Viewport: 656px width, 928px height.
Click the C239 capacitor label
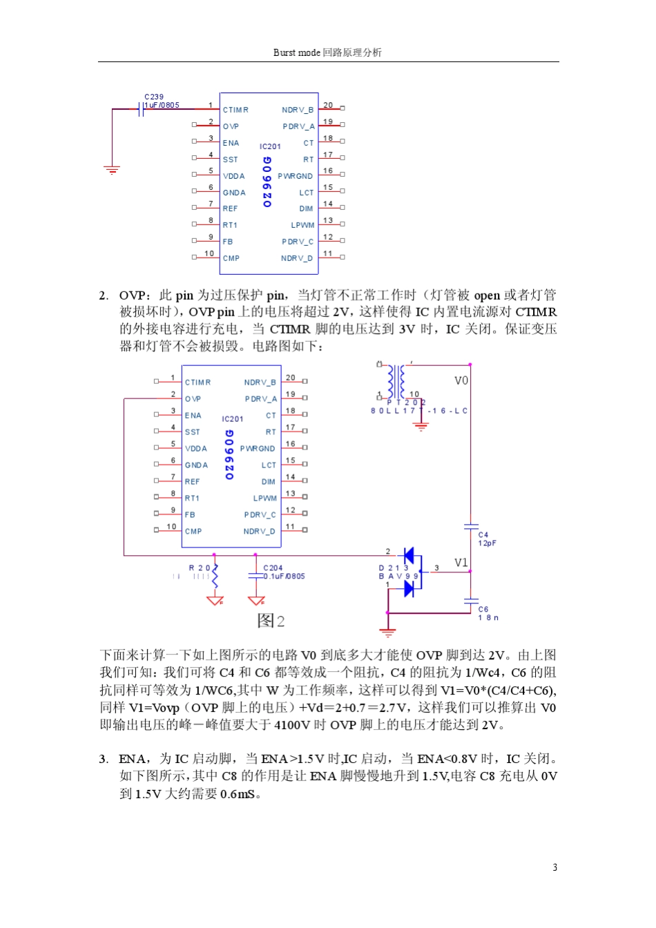pyautogui.click(x=154, y=97)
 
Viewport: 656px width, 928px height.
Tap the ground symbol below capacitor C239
pyautogui.click(x=112, y=169)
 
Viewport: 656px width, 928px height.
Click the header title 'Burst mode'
pyautogui.click(x=297, y=52)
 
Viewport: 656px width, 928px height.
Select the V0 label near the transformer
pyautogui.click(x=461, y=380)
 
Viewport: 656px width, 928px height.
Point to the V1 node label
pyautogui.click(x=461, y=563)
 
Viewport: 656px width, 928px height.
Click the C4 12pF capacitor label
pyautogui.click(x=487, y=539)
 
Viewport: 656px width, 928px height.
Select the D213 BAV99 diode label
pyautogui.click(x=398, y=572)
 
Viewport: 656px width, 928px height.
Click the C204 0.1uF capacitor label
pyautogui.click(x=283, y=572)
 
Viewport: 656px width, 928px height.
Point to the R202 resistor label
pyautogui.click(x=202, y=568)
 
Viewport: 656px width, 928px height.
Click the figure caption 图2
pyautogui.click(x=271, y=621)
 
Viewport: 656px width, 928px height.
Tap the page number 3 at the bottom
pyautogui.click(x=554, y=867)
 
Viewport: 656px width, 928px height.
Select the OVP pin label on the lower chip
pyautogui.click(x=193, y=399)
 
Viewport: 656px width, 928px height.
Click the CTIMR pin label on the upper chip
pyautogui.click(x=235, y=110)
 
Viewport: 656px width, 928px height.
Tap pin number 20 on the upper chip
pyautogui.click(x=328, y=106)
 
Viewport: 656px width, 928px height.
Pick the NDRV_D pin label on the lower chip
pyautogui.click(x=259, y=532)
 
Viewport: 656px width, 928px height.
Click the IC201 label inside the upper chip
pyautogui.click(x=270, y=146)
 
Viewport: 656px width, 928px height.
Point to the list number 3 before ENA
pyautogui.click(x=103, y=759)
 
